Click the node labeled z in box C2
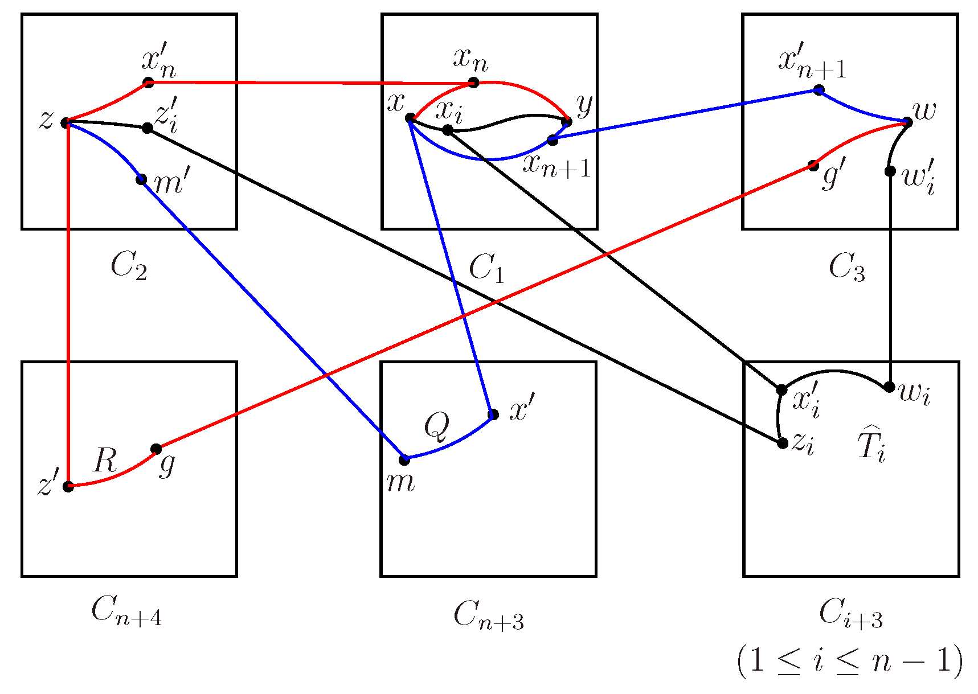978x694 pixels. point(66,122)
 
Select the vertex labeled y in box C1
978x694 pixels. point(566,121)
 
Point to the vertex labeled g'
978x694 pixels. point(813,166)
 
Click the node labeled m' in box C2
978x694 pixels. point(141,180)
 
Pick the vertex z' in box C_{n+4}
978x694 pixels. point(68,486)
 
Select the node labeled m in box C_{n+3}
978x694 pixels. point(404,459)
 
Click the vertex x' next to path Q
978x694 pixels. point(493,414)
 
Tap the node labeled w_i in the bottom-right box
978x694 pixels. point(889,387)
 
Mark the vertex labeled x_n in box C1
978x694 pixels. point(473,83)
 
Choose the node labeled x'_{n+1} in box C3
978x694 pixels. point(819,90)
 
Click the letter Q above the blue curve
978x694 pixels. point(437,427)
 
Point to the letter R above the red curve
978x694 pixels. point(105,460)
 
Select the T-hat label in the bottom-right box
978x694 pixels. point(871,445)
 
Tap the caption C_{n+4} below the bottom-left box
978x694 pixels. point(126,612)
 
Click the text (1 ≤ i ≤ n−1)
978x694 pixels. point(849,662)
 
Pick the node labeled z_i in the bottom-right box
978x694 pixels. point(783,443)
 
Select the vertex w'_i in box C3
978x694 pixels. point(890,171)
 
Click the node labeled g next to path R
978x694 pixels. point(156,449)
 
